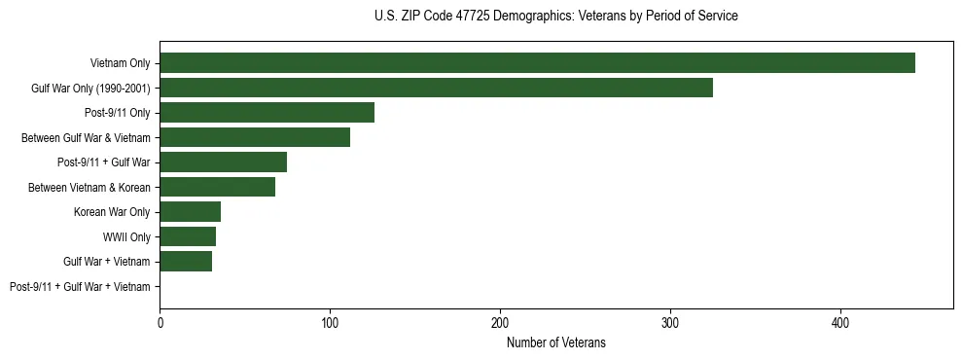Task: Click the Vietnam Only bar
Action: click(537, 63)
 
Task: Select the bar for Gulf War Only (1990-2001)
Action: click(436, 88)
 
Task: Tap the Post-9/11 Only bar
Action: click(267, 113)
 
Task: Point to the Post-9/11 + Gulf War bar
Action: click(223, 162)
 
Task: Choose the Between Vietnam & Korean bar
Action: click(217, 187)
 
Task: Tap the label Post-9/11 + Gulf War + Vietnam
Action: click(80, 286)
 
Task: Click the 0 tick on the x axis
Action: click(160, 322)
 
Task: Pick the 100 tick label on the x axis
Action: click(330, 322)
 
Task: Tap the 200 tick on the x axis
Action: click(500, 322)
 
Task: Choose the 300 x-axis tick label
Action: click(670, 322)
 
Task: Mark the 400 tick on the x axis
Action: click(840, 322)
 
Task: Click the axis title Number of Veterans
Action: click(556, 342)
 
